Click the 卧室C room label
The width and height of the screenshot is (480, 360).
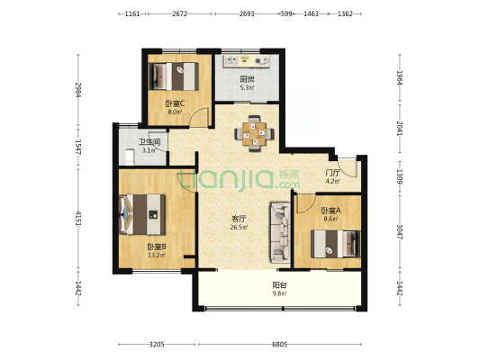point(175,104)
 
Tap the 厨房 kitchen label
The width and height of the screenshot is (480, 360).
point(247,80)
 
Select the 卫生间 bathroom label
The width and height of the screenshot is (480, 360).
point(149,142)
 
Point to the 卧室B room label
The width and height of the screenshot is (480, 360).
point(157,247)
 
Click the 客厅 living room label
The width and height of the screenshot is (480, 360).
point(239,219)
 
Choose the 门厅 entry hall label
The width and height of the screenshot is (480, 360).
point(332,173)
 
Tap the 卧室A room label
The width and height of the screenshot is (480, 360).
point(331,211)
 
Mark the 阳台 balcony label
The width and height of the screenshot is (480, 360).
point(280,285)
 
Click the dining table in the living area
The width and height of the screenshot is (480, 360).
point(254,134)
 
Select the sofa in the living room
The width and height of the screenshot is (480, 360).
point(280,232)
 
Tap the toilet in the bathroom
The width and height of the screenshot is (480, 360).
point(130,157)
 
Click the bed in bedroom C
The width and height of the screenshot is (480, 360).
point(173,76)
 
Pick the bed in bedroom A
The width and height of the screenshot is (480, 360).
point(336,244)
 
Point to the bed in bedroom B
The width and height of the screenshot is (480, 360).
point(142,214)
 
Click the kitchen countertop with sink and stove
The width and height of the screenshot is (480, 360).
point(247,61)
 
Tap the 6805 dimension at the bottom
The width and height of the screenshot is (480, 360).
point(280,345)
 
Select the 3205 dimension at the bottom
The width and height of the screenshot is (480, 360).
point(157,345)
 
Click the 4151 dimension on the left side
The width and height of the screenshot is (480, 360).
point(78,219)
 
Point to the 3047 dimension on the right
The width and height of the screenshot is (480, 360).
point(400,232)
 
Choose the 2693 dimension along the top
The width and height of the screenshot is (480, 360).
point(247,13)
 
